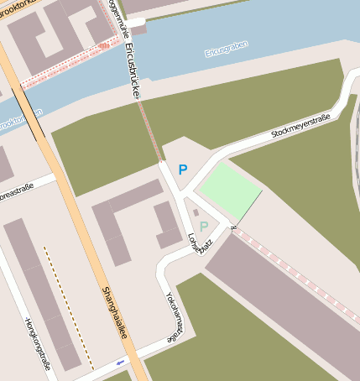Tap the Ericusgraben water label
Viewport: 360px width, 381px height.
(x=227, y=53)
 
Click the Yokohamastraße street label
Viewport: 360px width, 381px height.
(x=172, y=316)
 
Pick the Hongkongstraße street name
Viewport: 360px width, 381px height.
(x=39, y=343)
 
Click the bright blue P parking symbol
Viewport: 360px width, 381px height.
(x=182, y=170)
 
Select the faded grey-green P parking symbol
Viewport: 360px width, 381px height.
(x=203, y=226)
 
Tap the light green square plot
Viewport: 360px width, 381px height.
(x=227, y=188)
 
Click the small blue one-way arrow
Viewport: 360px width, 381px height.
(x=120, y=363)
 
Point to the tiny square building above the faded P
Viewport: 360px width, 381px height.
(x=196, y=212)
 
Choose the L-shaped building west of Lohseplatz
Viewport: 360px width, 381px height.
(x=126, y=218)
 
